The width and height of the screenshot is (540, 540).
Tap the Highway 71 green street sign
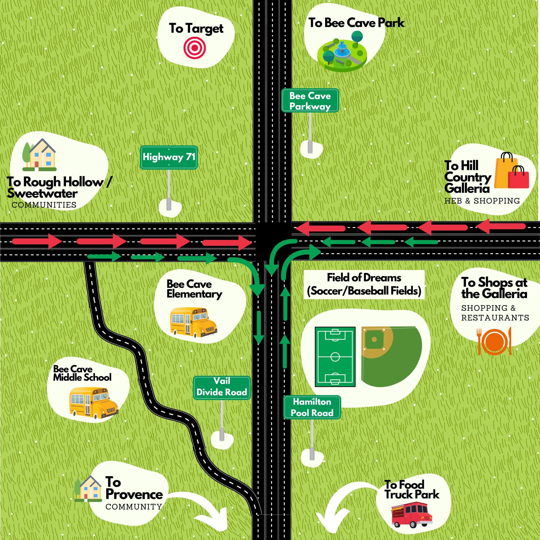click(169, 157)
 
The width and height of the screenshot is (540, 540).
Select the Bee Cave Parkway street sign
click(310, 101)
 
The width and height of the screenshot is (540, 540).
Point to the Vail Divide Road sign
click(222, 388)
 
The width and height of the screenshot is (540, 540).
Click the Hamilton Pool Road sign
click(312, 407)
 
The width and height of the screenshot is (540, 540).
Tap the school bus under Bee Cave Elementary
click(193, 322)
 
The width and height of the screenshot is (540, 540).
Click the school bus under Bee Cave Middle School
click(94, 403)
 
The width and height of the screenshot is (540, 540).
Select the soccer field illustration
click(335, 357)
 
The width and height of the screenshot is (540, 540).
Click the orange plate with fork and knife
click(494, 341)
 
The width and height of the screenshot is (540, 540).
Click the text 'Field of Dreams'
click(364, 278)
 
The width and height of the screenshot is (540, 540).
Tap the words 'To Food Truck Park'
click(411, 489)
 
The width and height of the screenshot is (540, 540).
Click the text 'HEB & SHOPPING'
click(482, 201)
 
